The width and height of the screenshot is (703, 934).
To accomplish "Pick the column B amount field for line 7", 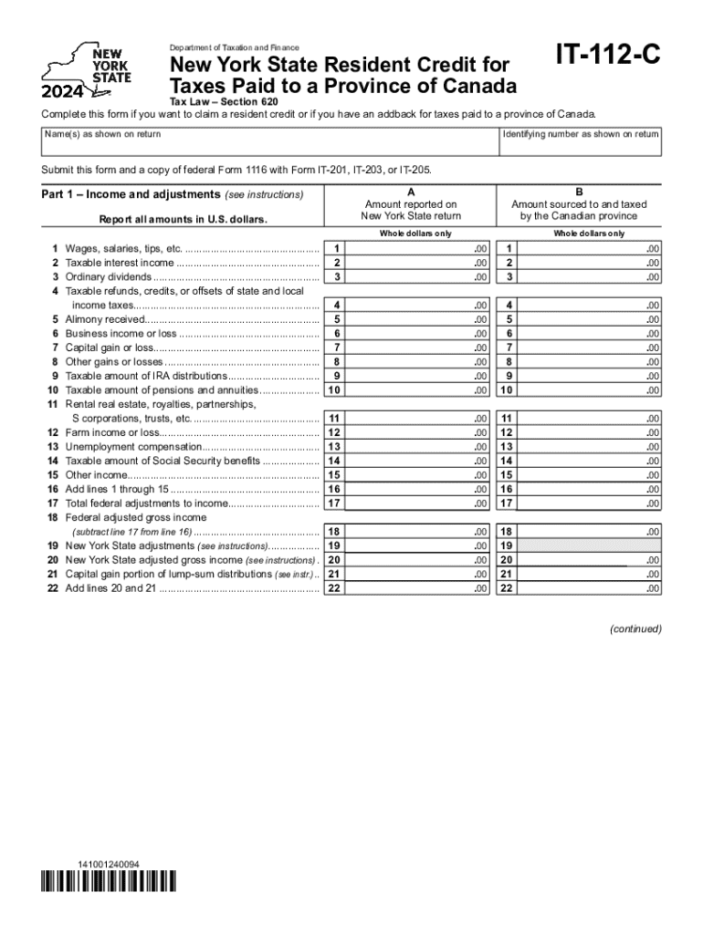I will [589, 348].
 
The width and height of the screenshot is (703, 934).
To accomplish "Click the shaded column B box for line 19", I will [589, 545].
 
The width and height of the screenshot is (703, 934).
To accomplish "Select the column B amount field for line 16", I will [589, 489].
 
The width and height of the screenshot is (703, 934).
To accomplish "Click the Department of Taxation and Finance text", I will [231, 47].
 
